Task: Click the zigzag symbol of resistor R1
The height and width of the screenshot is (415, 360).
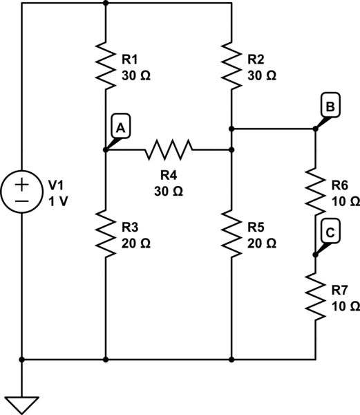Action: coord(105,66)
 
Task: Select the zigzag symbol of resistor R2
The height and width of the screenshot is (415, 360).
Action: coord(231,66)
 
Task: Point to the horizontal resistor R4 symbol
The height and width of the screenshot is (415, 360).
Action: coord(169,148)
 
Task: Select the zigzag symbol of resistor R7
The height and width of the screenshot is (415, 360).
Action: coord(316,296)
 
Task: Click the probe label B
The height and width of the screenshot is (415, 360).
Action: coord(330,107)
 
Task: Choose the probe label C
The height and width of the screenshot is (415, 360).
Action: coord(330,234)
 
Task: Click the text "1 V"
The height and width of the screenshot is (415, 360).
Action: coord(59,201)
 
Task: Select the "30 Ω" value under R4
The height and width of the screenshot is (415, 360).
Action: coord(169,191)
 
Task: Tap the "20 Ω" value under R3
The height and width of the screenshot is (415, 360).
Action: coord(136,243)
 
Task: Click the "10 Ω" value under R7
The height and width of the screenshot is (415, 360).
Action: coord(345,306)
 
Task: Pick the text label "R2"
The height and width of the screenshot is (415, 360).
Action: coord(256,60)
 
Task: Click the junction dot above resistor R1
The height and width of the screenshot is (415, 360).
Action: coord(105,3)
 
